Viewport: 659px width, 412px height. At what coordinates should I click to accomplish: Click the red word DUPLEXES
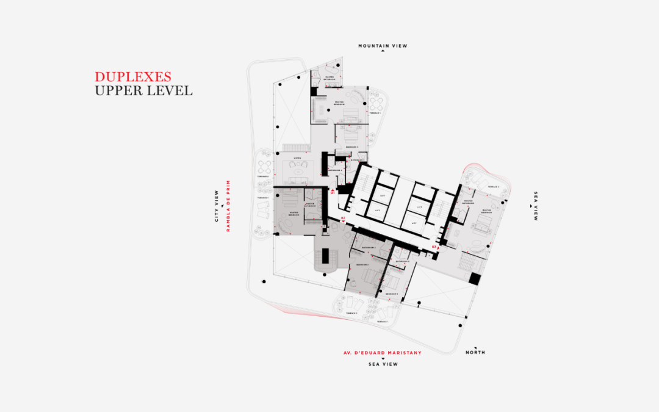pos(132,77)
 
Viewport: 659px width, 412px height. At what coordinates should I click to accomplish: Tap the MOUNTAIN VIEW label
pos(383,46)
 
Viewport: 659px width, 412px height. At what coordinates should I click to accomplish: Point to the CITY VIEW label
pos(217,206)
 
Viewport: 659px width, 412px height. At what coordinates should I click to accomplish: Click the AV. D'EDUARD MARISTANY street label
pos(383,353)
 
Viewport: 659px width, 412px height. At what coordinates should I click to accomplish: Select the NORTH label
pos(475,353)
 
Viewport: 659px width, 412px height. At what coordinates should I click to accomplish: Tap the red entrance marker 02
pos(343,218)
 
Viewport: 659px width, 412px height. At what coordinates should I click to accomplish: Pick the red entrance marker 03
pos(434,247)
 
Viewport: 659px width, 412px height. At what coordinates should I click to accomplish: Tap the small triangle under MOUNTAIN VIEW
pos(383,52)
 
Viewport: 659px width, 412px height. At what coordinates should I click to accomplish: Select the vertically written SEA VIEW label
pos(536,206)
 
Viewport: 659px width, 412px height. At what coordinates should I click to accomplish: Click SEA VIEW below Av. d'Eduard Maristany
pos(383,364)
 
